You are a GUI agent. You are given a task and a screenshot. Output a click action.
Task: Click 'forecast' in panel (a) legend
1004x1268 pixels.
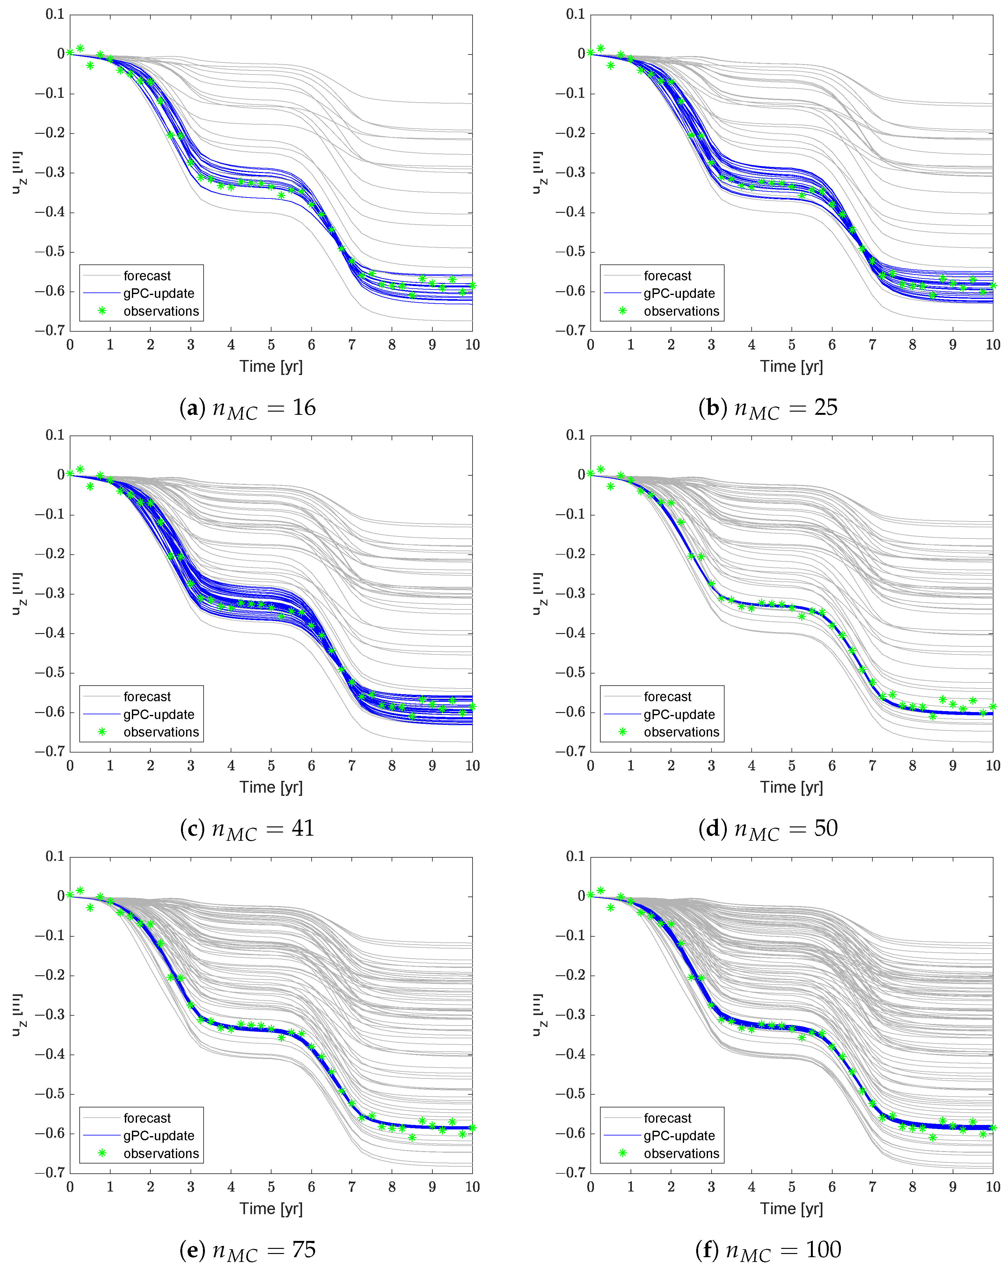tap(147, 276)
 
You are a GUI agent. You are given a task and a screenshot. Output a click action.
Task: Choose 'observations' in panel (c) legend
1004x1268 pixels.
tap(161, 732)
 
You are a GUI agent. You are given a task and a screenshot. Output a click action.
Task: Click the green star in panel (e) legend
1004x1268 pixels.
tap(102, 1153)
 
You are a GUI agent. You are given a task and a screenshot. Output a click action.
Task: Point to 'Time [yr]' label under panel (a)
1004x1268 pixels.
tap(271, 366)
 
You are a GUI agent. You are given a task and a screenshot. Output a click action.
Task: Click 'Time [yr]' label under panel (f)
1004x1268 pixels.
tap(791, 1209)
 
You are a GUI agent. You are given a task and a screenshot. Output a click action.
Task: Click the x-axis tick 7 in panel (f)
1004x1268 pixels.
tap(872, 1187)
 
